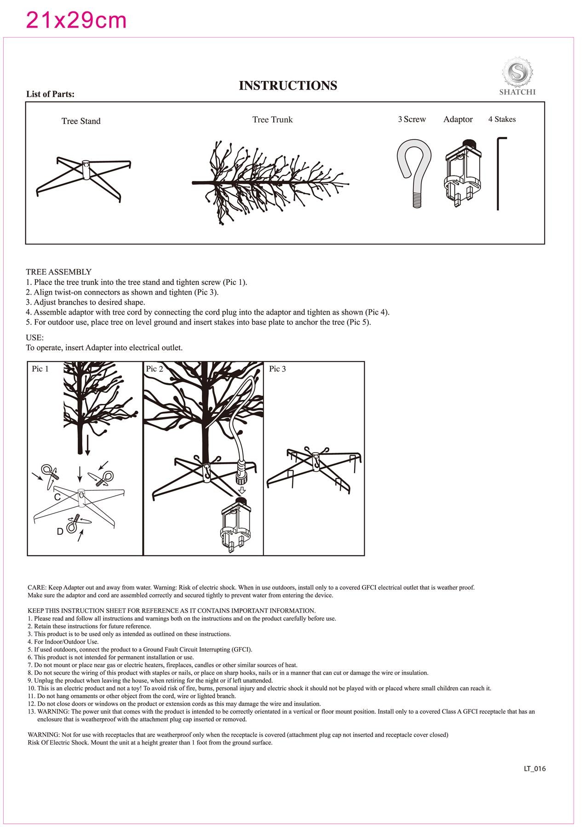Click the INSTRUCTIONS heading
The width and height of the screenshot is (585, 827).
[288, 86]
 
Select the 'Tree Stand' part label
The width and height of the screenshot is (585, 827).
[81, 121]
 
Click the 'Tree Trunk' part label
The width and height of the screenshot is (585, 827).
[272, 120]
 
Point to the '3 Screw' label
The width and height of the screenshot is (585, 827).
[412, 119]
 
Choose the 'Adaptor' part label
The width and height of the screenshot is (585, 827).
[458, 119]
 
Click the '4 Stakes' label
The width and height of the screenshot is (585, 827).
[502, 119]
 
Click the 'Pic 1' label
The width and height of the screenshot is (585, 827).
[40, 369]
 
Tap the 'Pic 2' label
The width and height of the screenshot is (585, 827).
[154, 369]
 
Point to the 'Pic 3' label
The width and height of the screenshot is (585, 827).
[277, 369]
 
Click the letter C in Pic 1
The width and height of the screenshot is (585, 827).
[57, 497]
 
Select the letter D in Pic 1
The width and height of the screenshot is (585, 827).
[60, 532]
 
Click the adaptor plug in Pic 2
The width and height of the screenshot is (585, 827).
[237, 524]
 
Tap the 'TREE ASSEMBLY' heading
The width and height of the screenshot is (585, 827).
[58, 272]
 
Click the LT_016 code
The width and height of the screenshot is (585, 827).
[534, 769]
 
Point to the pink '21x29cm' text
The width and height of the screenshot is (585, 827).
[76, 21]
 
